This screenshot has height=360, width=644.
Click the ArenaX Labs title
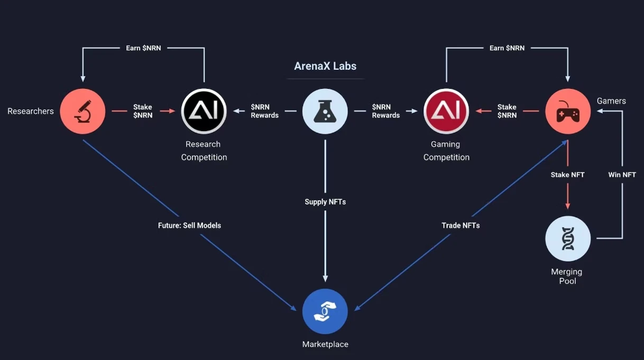(x=325, y=66)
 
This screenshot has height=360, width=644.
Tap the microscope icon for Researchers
(x=82, y=112)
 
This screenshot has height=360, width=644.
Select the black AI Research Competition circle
(x=204, y=112)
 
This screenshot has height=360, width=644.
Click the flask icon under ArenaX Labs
(x=325, y=112)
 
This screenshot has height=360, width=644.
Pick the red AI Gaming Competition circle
(x=446, y=112)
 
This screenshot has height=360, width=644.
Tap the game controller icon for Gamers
(x=568, y=112)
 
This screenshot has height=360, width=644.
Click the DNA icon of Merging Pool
(x=568, y=238)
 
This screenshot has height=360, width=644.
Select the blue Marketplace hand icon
(x=325, y=311)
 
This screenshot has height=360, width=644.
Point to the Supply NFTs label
(x=325, y=202)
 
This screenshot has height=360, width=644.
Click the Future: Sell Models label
(x=189, y=225)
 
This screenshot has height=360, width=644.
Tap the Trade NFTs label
(x=461, y=225)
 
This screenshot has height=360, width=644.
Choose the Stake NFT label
(x=567, y=174)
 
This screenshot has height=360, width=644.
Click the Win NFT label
(x=622, y=174)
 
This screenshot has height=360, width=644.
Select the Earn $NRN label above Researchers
(x=143, y=48)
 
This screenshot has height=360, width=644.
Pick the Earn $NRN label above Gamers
(x=507, y=48)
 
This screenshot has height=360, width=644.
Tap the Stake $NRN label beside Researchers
(x=143, y=111)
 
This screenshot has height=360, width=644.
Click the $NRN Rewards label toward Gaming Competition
(x=385, y=111)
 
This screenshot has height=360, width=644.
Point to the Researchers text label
(x=31, y=112)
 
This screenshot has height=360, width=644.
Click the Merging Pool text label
(x=567, y=276)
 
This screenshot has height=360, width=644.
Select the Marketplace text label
(x=325, y=344)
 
